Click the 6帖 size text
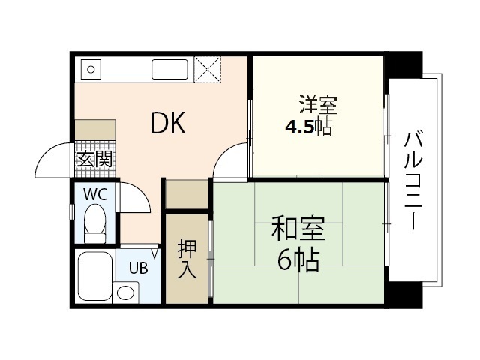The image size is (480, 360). pyautogui.click(x=298, y=259)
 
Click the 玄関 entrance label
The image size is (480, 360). pyautogui.click(x=95, y=159)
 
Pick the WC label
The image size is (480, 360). pyautogui.click(x=94, y=193)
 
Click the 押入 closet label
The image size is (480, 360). pyautogui.click(x=187, y=259)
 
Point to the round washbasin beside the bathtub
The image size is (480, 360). pyautogui.click(x=126, y=292)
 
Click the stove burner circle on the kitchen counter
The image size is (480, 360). pyautogui.click(x=91, y=70)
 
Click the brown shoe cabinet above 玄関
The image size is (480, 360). pyautogui.click(x=95, y=128)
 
